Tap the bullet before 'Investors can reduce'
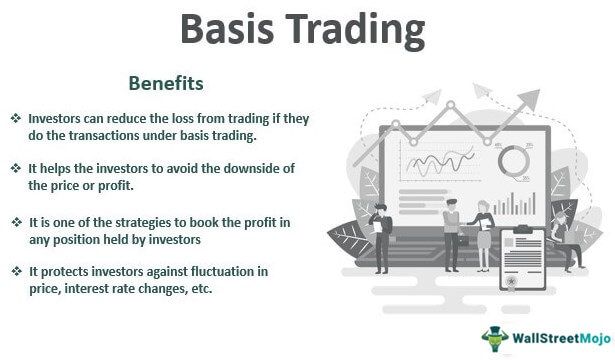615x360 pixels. tap(16, 118)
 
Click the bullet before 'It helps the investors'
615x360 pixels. tap(16, 166)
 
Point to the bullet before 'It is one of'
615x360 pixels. tap(16, 219)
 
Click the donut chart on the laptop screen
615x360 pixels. tap(514, 160)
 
